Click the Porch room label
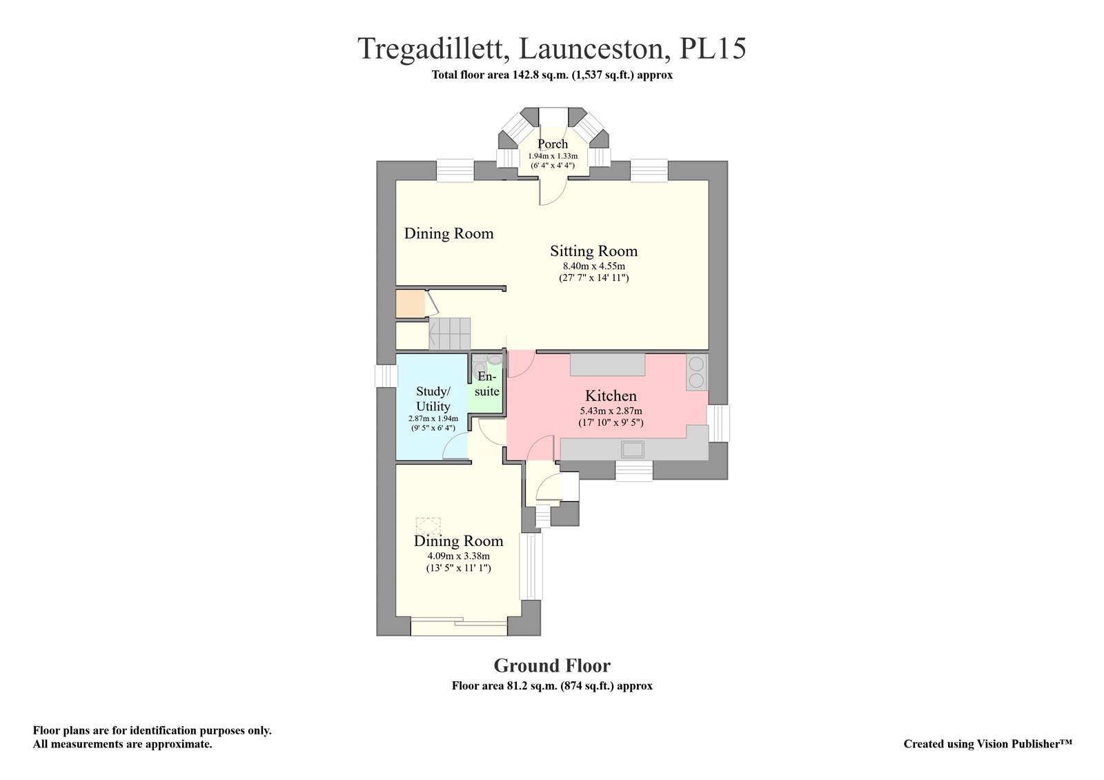coord(553,144)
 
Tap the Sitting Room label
coord(594,251)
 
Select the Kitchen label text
coord(611,396)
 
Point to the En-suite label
coord(487,384)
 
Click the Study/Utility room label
coord(433,399)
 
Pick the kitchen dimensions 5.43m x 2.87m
coord(611,411)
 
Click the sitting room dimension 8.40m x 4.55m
coord(594,266)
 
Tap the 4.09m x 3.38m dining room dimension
coord(458,556)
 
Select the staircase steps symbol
coord(449,334)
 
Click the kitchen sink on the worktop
coord(633,449)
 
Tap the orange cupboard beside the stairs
coord(411,304)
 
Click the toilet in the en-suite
coord(477,369)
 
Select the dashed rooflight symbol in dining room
coord(428,525)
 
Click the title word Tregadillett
coord(434,49)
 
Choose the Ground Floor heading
coord(552,665)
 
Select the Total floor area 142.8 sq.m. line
coord(552,75)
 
